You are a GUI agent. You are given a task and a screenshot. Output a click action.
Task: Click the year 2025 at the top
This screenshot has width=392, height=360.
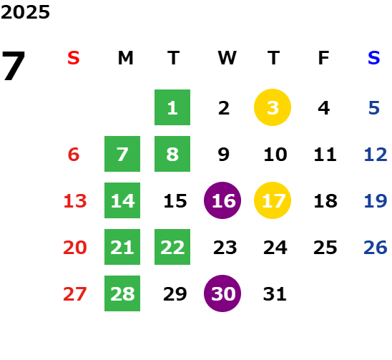point(25,12)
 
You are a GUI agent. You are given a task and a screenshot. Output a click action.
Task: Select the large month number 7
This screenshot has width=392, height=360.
point(14,66)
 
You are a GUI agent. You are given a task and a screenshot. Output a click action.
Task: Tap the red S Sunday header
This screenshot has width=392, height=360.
point(74,58)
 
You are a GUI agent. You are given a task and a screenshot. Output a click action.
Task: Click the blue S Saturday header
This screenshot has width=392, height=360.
point(373,58)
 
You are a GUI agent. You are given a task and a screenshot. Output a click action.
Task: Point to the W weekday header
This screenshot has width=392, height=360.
point(227,58)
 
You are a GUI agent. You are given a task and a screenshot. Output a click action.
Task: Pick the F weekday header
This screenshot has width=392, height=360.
point(323,58)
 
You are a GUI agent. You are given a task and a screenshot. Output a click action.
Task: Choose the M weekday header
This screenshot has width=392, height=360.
point(125,58)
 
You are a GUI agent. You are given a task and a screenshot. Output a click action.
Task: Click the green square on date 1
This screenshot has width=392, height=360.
point(172,107)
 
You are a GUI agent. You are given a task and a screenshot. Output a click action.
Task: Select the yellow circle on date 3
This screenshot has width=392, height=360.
point(273,107)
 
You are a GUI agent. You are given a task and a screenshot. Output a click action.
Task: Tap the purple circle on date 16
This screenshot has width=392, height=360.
point(222,200)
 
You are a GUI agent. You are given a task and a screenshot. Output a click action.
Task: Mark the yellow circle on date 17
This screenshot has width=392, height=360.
point(273,200)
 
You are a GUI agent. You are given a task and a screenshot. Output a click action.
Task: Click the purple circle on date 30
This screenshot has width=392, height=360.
point(222,293)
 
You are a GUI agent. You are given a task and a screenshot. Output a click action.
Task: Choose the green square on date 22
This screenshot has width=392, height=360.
point(172,247)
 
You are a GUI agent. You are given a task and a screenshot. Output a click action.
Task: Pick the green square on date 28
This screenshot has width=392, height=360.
point(122,293)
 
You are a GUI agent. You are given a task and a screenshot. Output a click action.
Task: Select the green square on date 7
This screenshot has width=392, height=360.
point(122,154)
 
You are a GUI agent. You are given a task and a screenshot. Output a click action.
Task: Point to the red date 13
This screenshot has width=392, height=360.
point(75,200)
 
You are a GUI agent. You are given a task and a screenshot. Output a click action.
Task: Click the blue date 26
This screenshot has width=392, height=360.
point(376,247)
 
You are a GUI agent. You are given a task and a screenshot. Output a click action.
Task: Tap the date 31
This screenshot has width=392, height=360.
point(275,293)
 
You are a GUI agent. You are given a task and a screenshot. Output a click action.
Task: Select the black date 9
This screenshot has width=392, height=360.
point(223,154)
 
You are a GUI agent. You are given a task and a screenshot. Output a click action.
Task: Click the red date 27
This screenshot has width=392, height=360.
point(75,293)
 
